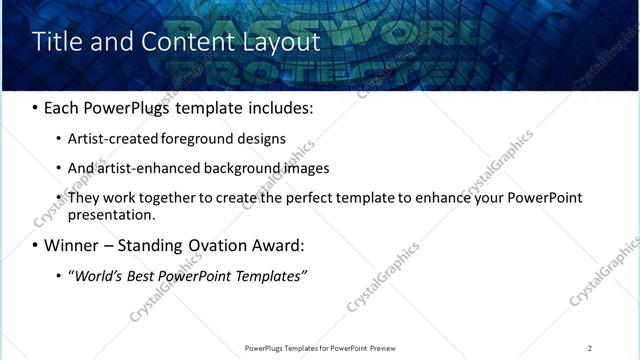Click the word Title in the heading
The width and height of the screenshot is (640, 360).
55,41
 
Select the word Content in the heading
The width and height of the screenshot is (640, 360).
179,41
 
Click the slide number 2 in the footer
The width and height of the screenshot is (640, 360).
590,348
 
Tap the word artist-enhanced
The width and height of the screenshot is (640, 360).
143,168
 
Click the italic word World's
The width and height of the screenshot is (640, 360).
95,275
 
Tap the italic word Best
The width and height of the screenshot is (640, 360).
142,275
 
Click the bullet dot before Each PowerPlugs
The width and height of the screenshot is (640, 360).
36,107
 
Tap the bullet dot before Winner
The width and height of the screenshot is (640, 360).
36,245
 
